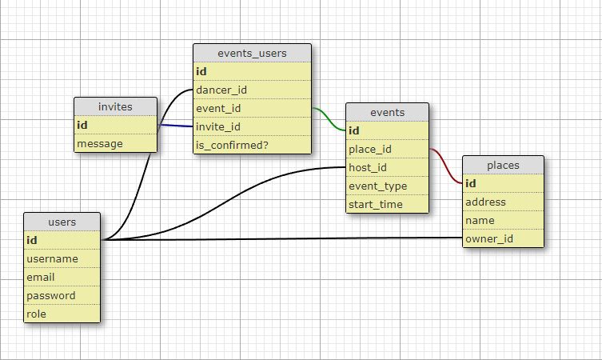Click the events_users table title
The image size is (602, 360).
(x=252, y=53)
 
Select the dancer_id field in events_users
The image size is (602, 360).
(x=221, y=90)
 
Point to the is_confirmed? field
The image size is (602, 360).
(x=232, y=146)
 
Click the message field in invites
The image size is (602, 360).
(x=100, y=144)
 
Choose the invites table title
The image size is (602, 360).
(x=115, y=106)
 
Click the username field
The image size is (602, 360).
(x=52, y=259)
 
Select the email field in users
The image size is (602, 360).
(x=40, y=277)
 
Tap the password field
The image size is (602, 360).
(x=51, y=296)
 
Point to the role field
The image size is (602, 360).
(x=36, y=314)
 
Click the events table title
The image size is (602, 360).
(x=388, y=112)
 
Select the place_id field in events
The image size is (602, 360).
(x=370, y=149)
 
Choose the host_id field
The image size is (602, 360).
(x=368, y=167)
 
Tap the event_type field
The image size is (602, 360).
(x=378, y=186)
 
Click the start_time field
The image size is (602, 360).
(x=376, y=204)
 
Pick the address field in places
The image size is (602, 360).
(x=485, y=202)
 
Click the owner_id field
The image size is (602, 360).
(x=489, y=239)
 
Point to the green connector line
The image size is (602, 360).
(x=329, y=119)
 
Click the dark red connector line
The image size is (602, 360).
(x=446, y=166)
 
